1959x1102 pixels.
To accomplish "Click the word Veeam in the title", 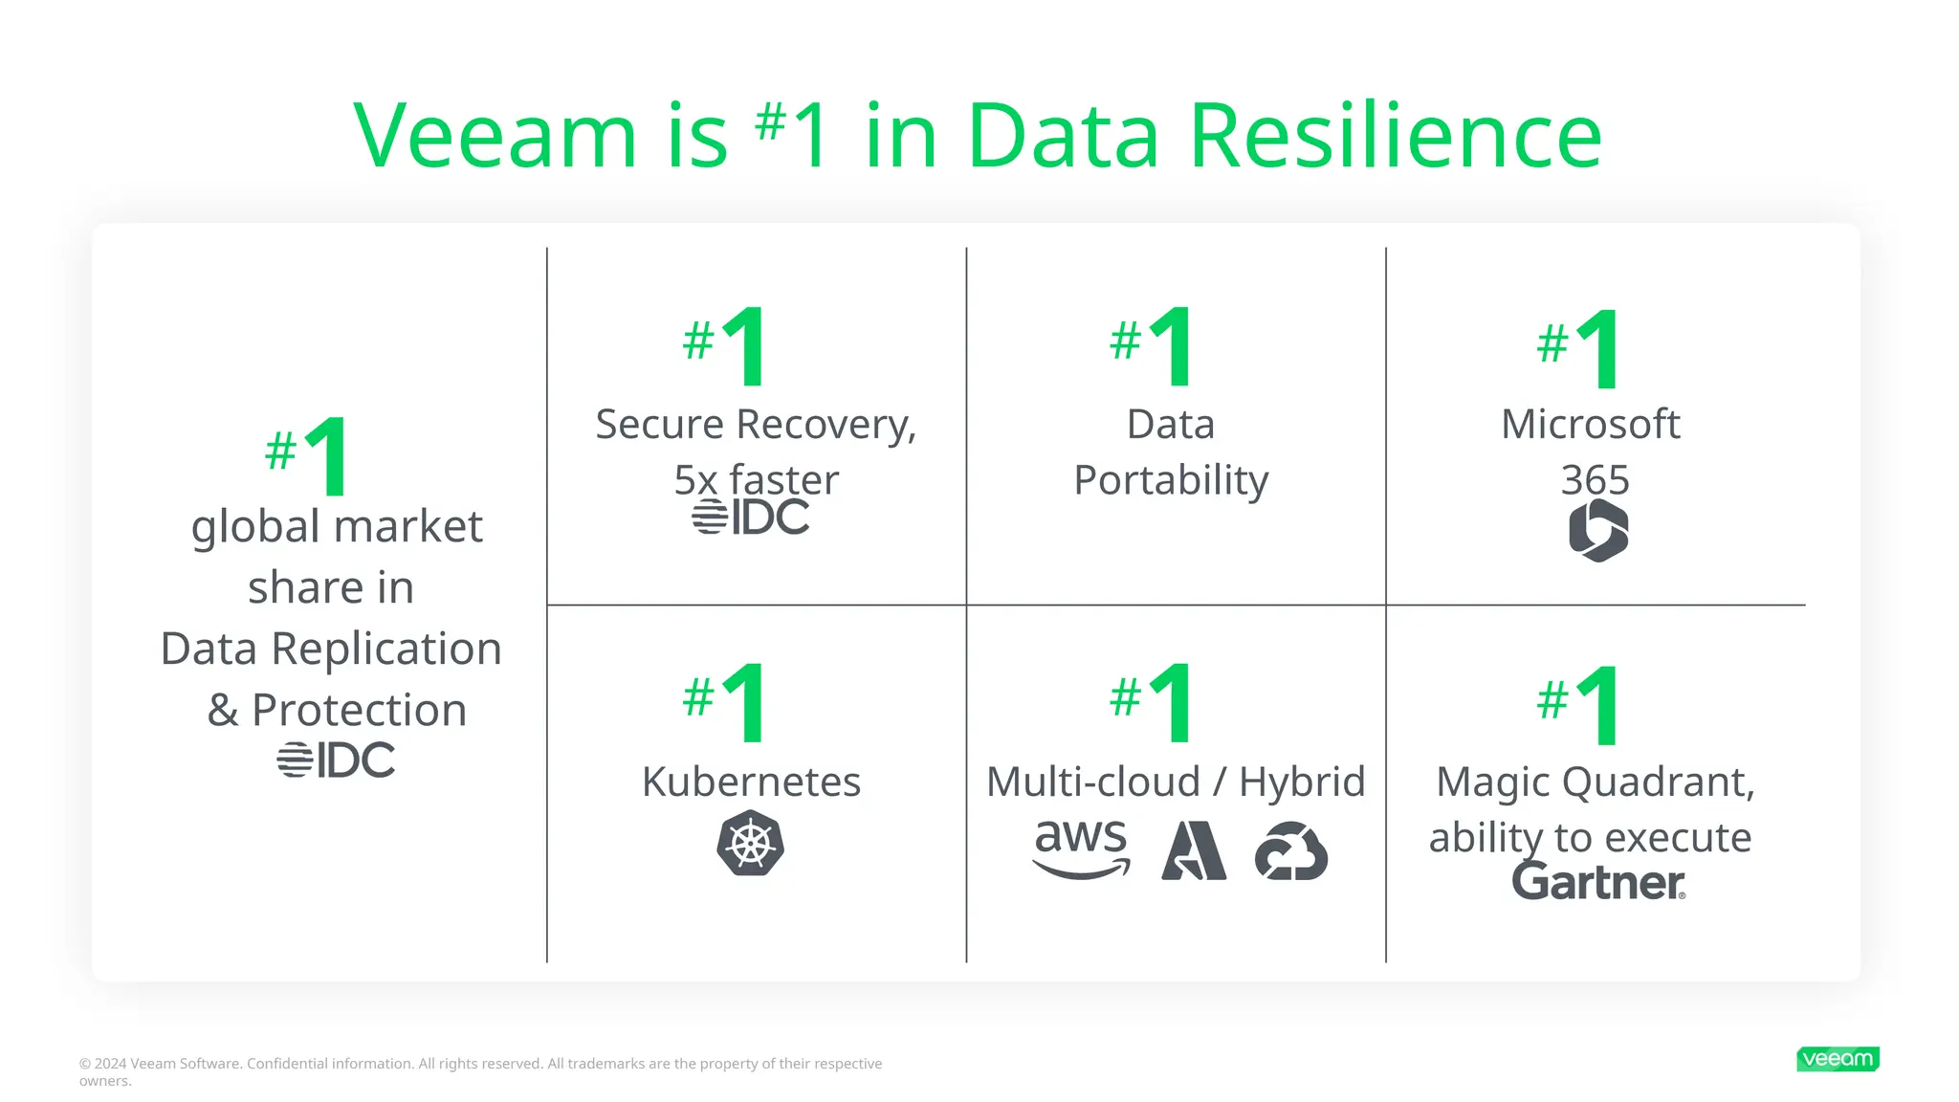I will [x=495, y=136].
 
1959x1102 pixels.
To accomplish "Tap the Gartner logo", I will [x=1598, y=881].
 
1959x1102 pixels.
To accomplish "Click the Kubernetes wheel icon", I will [x=751, y=843].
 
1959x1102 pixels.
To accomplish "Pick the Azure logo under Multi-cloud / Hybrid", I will [x=1194, y=850].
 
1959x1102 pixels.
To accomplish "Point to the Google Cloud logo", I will [x=1291, y=850].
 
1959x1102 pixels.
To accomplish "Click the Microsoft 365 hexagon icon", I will [x=1598, y=530].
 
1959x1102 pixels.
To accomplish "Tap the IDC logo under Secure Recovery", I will [x=751, y=517].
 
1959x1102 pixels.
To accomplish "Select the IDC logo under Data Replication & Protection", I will [x=336, y=760].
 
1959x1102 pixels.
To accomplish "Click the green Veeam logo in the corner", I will [x=1838, y=1059].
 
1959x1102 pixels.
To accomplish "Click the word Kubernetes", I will [x=751, y=782].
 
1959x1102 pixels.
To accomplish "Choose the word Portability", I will [x=1171, y=479].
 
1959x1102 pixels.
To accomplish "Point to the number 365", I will [x=1595, y=479].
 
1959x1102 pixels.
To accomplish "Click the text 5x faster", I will [x=756, y=479].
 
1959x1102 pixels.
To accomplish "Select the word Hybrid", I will [x=1302, y=782].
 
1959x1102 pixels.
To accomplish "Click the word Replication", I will [x=386, y=649].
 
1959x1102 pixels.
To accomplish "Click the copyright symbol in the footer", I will [x=85, y=1064].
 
